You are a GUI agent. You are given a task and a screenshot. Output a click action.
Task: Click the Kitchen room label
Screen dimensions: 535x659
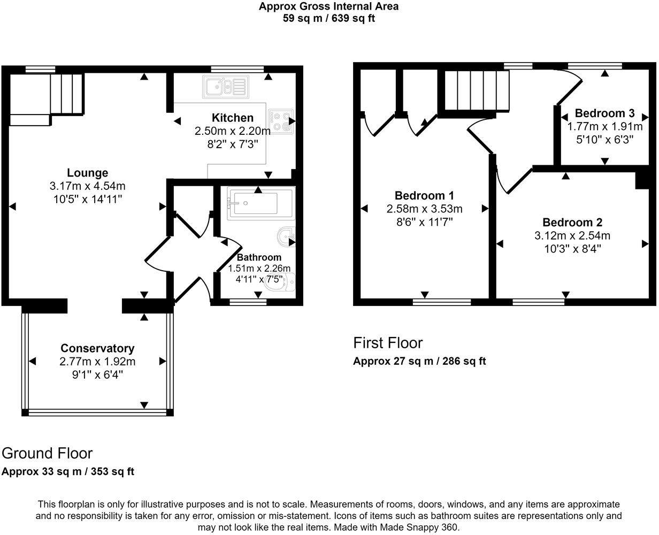tap(232, 118)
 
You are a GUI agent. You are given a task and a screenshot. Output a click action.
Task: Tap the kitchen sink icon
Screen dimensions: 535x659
tap(225, 86)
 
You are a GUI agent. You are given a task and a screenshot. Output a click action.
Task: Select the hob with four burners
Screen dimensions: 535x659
tap(281, 121)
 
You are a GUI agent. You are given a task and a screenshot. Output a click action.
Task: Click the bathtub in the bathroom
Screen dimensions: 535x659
tap(260, 203)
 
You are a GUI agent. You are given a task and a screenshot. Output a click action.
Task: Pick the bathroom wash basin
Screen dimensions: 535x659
tap(287, 236)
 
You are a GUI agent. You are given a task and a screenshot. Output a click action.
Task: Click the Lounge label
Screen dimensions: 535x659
tap(87, 173)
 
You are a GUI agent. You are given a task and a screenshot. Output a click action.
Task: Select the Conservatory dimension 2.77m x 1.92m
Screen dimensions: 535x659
tap(97, 362)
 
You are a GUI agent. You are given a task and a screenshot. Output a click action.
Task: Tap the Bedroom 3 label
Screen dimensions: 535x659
tap(604, 113)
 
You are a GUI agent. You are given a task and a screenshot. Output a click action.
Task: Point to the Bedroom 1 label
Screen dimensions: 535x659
tap(424, 195)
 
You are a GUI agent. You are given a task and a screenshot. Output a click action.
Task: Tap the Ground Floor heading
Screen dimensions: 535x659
tap(47, 453)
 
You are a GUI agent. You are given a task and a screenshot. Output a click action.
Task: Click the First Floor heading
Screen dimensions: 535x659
tap(388, 343)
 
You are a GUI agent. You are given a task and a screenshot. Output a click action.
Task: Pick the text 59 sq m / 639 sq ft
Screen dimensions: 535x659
tap(328, 18)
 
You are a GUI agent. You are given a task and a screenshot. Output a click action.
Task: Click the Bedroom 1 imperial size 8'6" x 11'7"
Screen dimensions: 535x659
tap(424, 221)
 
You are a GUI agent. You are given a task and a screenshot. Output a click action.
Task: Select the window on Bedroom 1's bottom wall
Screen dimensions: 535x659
tap(442, 302)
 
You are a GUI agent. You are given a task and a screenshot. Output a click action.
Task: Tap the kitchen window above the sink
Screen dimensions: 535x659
tap(237, 69)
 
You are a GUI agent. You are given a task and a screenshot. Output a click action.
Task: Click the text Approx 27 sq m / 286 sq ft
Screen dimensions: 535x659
tap(419, 361)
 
